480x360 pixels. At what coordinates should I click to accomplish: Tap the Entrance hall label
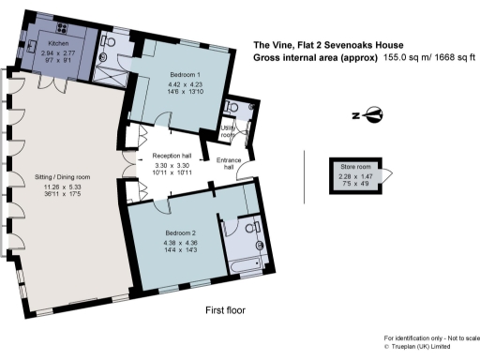tap(229, 162)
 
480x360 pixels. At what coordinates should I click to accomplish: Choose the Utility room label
tap(228, 130)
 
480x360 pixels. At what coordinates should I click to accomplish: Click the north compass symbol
tap(373, 116)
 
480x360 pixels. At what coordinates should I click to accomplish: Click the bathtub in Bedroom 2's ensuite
tap(248, 264)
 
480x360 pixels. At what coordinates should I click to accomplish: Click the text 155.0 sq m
tap(406, 57)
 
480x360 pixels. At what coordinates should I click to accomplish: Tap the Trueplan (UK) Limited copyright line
tap(430, 346)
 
